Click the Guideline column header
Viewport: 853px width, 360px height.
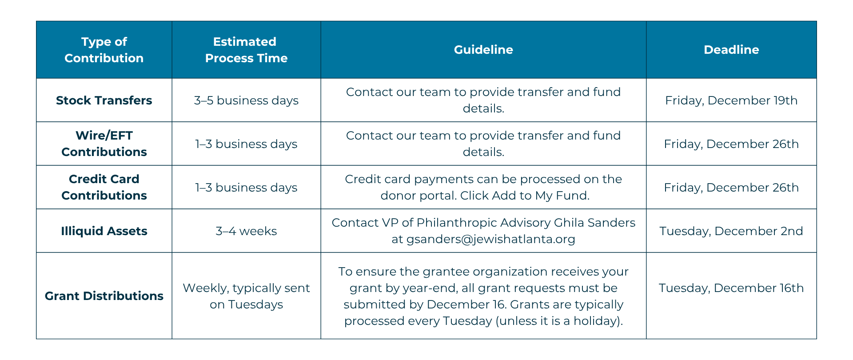tap(483, 49)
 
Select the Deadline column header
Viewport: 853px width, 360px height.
tap(731, 49)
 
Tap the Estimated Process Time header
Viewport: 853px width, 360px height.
tap(246, 50)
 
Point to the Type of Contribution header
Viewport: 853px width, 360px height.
tap(104, 50)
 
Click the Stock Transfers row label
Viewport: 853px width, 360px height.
tap(104, 100)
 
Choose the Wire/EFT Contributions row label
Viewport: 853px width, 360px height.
tap(104, 144)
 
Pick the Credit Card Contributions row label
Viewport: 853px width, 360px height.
tap(104, 187)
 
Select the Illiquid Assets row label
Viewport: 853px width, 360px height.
tap(104, 231)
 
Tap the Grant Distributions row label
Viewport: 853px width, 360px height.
tap(104, 296)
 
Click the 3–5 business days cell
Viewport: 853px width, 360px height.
tap(246, 100)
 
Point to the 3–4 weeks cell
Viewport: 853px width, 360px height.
tap(246, 231)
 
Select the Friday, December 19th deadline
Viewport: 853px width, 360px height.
tap(731, 100)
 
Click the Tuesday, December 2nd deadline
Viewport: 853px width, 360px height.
tap(731, 231)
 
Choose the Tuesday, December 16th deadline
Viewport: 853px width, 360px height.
tap(731, 288)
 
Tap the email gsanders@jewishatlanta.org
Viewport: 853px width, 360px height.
tap(491, 240)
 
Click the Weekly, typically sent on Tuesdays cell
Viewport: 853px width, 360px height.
tap(246, 296)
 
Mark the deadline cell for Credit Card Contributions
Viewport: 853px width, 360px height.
tap(731, 188)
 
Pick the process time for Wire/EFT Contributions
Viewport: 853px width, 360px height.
tap(246, 144)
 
